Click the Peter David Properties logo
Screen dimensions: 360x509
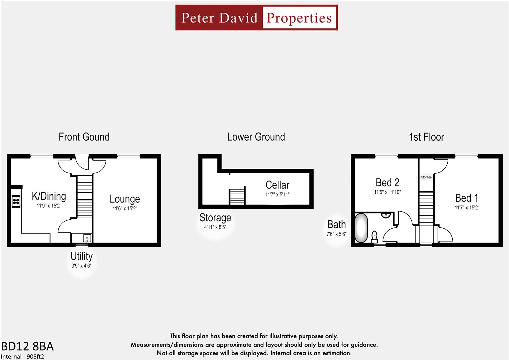click(x=256, y=18)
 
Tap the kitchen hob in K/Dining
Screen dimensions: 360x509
click(x=16, y=201)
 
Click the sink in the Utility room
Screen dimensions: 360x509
click(x=87, y=238)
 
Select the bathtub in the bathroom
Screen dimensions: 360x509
click(x=361, y=228)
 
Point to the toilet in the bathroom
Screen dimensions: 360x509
click(x=374, y=236)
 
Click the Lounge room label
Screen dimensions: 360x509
click(x=125, y=199)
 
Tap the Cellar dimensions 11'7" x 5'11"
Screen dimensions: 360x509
click(x=277, y=195)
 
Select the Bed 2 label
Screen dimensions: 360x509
click(x=387, y=183)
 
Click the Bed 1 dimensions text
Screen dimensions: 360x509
click(x=467, y=208)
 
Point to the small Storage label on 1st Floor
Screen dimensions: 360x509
click(x=426, y=177)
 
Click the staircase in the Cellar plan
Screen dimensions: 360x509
click(x=237, y=196)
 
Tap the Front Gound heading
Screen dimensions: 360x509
click(x=84, y=137)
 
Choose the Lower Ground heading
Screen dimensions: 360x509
click(x=256, y=137)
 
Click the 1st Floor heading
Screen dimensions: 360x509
click(x=426, y=137)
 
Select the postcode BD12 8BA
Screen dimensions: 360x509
click(x=27, y=346)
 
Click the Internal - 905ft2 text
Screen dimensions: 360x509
click(x=22, y=356)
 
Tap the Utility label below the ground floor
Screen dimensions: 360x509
click(x=82, y=256)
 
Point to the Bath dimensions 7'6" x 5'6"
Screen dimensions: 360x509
click(x=336, y=234)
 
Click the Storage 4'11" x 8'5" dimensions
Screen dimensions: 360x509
click(x=215, y=227)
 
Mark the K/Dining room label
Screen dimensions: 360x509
click(x=49, y=196)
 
